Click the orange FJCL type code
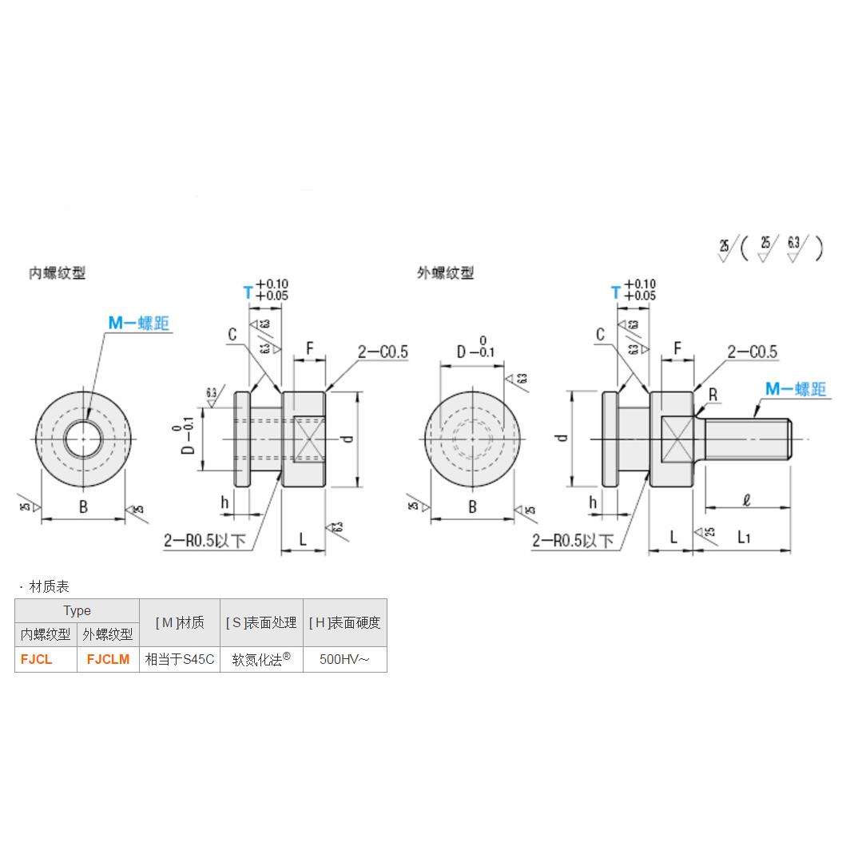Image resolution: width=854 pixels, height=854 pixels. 37,660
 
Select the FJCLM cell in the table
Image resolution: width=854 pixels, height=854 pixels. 108,660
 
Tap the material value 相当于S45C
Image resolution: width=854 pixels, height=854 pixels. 180,660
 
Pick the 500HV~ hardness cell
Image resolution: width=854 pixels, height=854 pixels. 344,660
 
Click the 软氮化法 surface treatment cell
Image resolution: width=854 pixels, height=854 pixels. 261,660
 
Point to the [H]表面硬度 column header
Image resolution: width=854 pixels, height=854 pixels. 344,622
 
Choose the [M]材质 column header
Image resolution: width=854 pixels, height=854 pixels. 180,622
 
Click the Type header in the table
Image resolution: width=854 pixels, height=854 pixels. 77,610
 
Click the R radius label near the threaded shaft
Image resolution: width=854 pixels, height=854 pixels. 713,395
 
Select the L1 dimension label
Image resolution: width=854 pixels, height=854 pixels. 744,538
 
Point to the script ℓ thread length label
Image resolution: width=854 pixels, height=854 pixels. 745,502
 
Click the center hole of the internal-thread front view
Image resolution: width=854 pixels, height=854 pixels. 82,439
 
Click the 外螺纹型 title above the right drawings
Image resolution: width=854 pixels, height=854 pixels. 445,273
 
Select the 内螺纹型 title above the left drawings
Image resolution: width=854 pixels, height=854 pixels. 57,273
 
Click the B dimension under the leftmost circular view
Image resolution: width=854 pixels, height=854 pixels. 83,506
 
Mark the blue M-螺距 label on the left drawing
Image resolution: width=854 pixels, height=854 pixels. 139,323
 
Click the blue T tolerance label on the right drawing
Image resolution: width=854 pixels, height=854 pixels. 615,292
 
